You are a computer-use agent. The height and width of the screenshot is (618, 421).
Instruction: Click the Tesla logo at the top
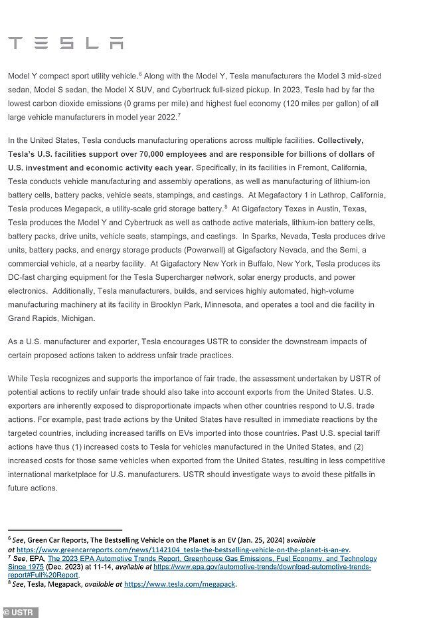[66, 44]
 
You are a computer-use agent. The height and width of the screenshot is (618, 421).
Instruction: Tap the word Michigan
[78, 318]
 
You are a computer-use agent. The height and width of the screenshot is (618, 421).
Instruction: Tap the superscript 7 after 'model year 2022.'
[179, 116]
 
